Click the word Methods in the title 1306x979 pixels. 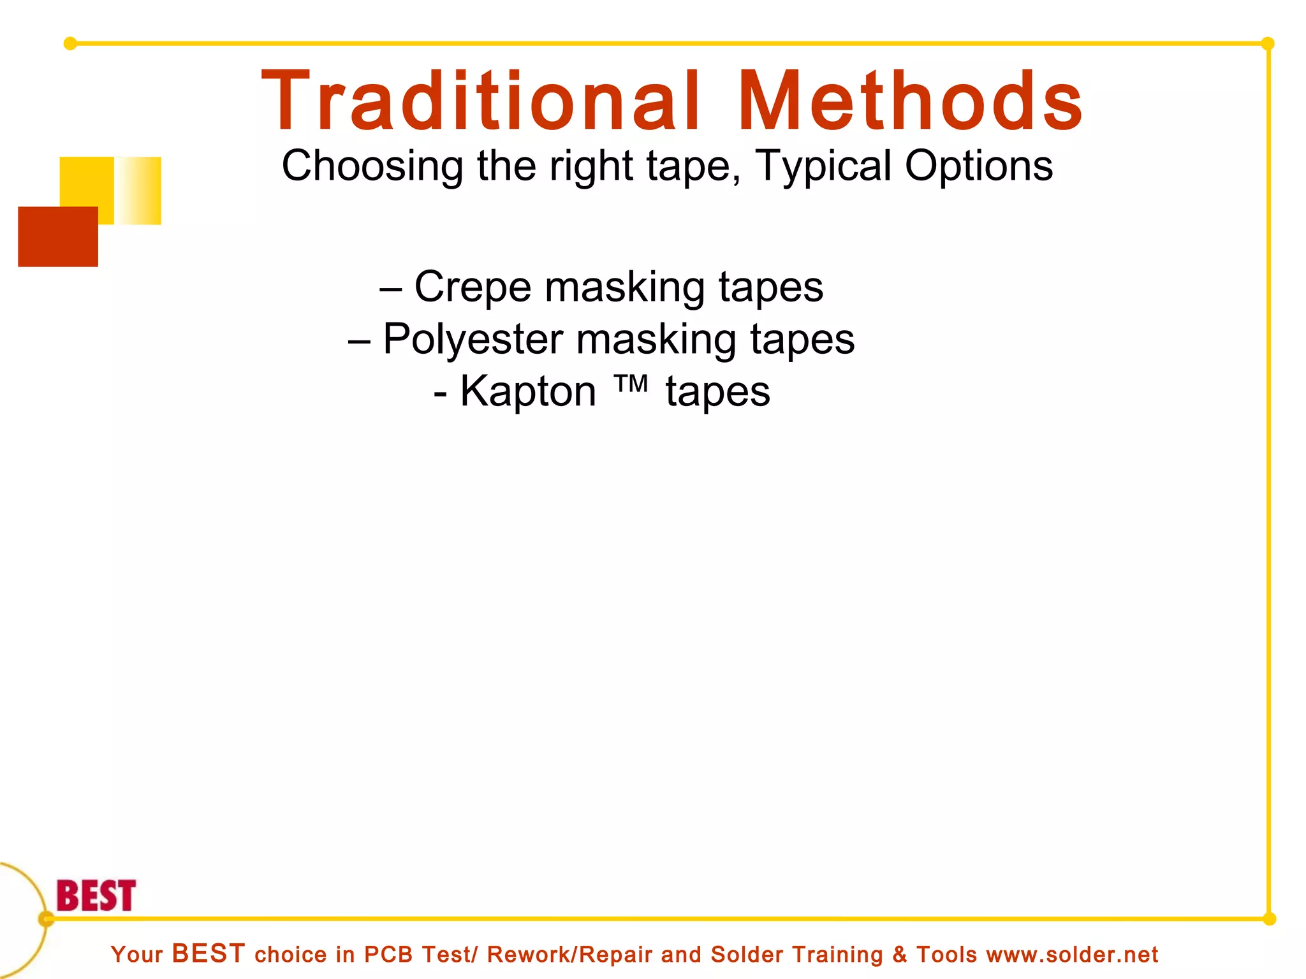[x=910, y=102]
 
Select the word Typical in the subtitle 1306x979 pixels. [x=823, y=166]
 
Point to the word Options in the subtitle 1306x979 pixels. [x=979, y=166]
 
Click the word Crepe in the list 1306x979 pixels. [x=473, y=287]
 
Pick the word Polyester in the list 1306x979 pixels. [x=473, y=339]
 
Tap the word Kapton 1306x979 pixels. [x=528, y=391]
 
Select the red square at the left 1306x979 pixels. [x=58, y=236]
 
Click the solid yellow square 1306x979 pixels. [x=87, y=182]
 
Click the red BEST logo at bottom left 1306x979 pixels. [x=96, y=896]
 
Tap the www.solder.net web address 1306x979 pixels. [x=1072, y=955]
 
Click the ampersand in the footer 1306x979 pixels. [x=899, y=955]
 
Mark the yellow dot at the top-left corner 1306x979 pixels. [x=70, y=43]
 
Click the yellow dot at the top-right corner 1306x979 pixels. [x=1268, y=43]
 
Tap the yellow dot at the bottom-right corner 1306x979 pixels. [x=1269, y=918]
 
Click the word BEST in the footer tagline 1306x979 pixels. [x=209, y=954]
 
